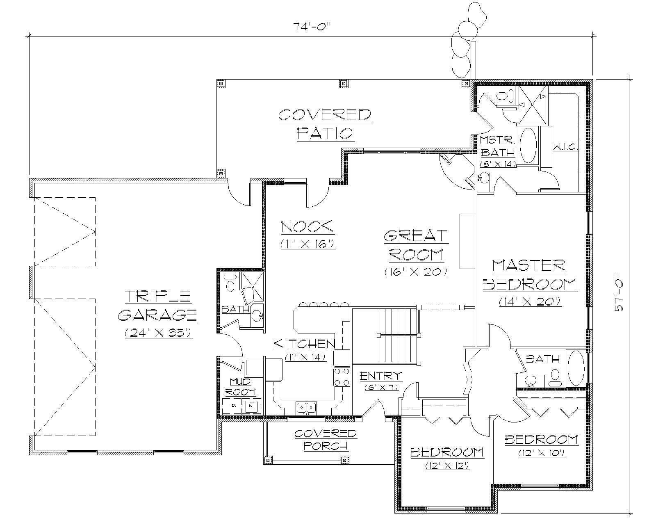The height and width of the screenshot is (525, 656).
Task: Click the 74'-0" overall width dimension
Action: (x=312, y=27)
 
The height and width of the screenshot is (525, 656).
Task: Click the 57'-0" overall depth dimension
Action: (x=619, y=295)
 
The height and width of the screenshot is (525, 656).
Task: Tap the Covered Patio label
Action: (x=325, y=124)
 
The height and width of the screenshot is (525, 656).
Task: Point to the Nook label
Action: (x=307, y=226)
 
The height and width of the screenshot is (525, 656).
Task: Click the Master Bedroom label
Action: (x=530, y=275)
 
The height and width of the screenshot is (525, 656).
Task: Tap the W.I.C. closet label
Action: (x=565, y=146)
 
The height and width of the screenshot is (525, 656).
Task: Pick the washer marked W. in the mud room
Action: (x=250, y=406)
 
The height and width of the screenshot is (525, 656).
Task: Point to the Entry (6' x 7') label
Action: (x=381, y=376)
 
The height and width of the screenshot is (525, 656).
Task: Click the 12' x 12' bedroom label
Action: (x=447, y=452)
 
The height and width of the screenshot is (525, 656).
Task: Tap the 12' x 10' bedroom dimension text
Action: (x=542, y=453)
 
